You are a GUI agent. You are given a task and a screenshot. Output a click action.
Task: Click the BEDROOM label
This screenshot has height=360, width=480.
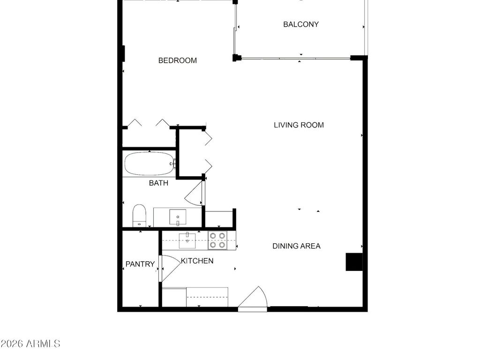click(177, 60)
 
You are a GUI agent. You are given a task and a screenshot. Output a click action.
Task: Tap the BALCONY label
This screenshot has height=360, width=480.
click(301, 24)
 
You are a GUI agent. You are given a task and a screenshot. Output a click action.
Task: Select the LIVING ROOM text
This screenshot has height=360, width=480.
click(299, 125)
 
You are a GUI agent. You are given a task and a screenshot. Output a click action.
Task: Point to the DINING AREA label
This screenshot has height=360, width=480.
click(296, 246)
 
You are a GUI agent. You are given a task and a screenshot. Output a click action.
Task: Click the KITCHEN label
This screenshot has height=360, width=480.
click(197, 261)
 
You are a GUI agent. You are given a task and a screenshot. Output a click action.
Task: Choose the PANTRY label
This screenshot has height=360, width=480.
click(140, 264)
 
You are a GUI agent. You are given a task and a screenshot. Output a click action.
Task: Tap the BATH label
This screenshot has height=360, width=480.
click(158, 183)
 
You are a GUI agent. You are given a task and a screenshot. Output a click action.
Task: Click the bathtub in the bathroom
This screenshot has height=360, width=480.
click(149, 164)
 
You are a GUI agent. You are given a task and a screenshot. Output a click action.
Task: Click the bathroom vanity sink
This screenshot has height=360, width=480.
click(178, 217)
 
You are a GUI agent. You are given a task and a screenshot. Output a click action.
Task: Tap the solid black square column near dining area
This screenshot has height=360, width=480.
click(354, 262)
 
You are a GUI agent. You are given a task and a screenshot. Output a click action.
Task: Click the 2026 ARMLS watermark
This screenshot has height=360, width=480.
click(30, 344)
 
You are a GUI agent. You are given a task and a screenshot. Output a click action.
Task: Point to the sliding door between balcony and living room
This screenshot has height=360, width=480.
click(295, 59)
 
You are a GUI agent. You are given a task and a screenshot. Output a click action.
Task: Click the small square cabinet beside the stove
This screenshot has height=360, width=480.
click(219, 219)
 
